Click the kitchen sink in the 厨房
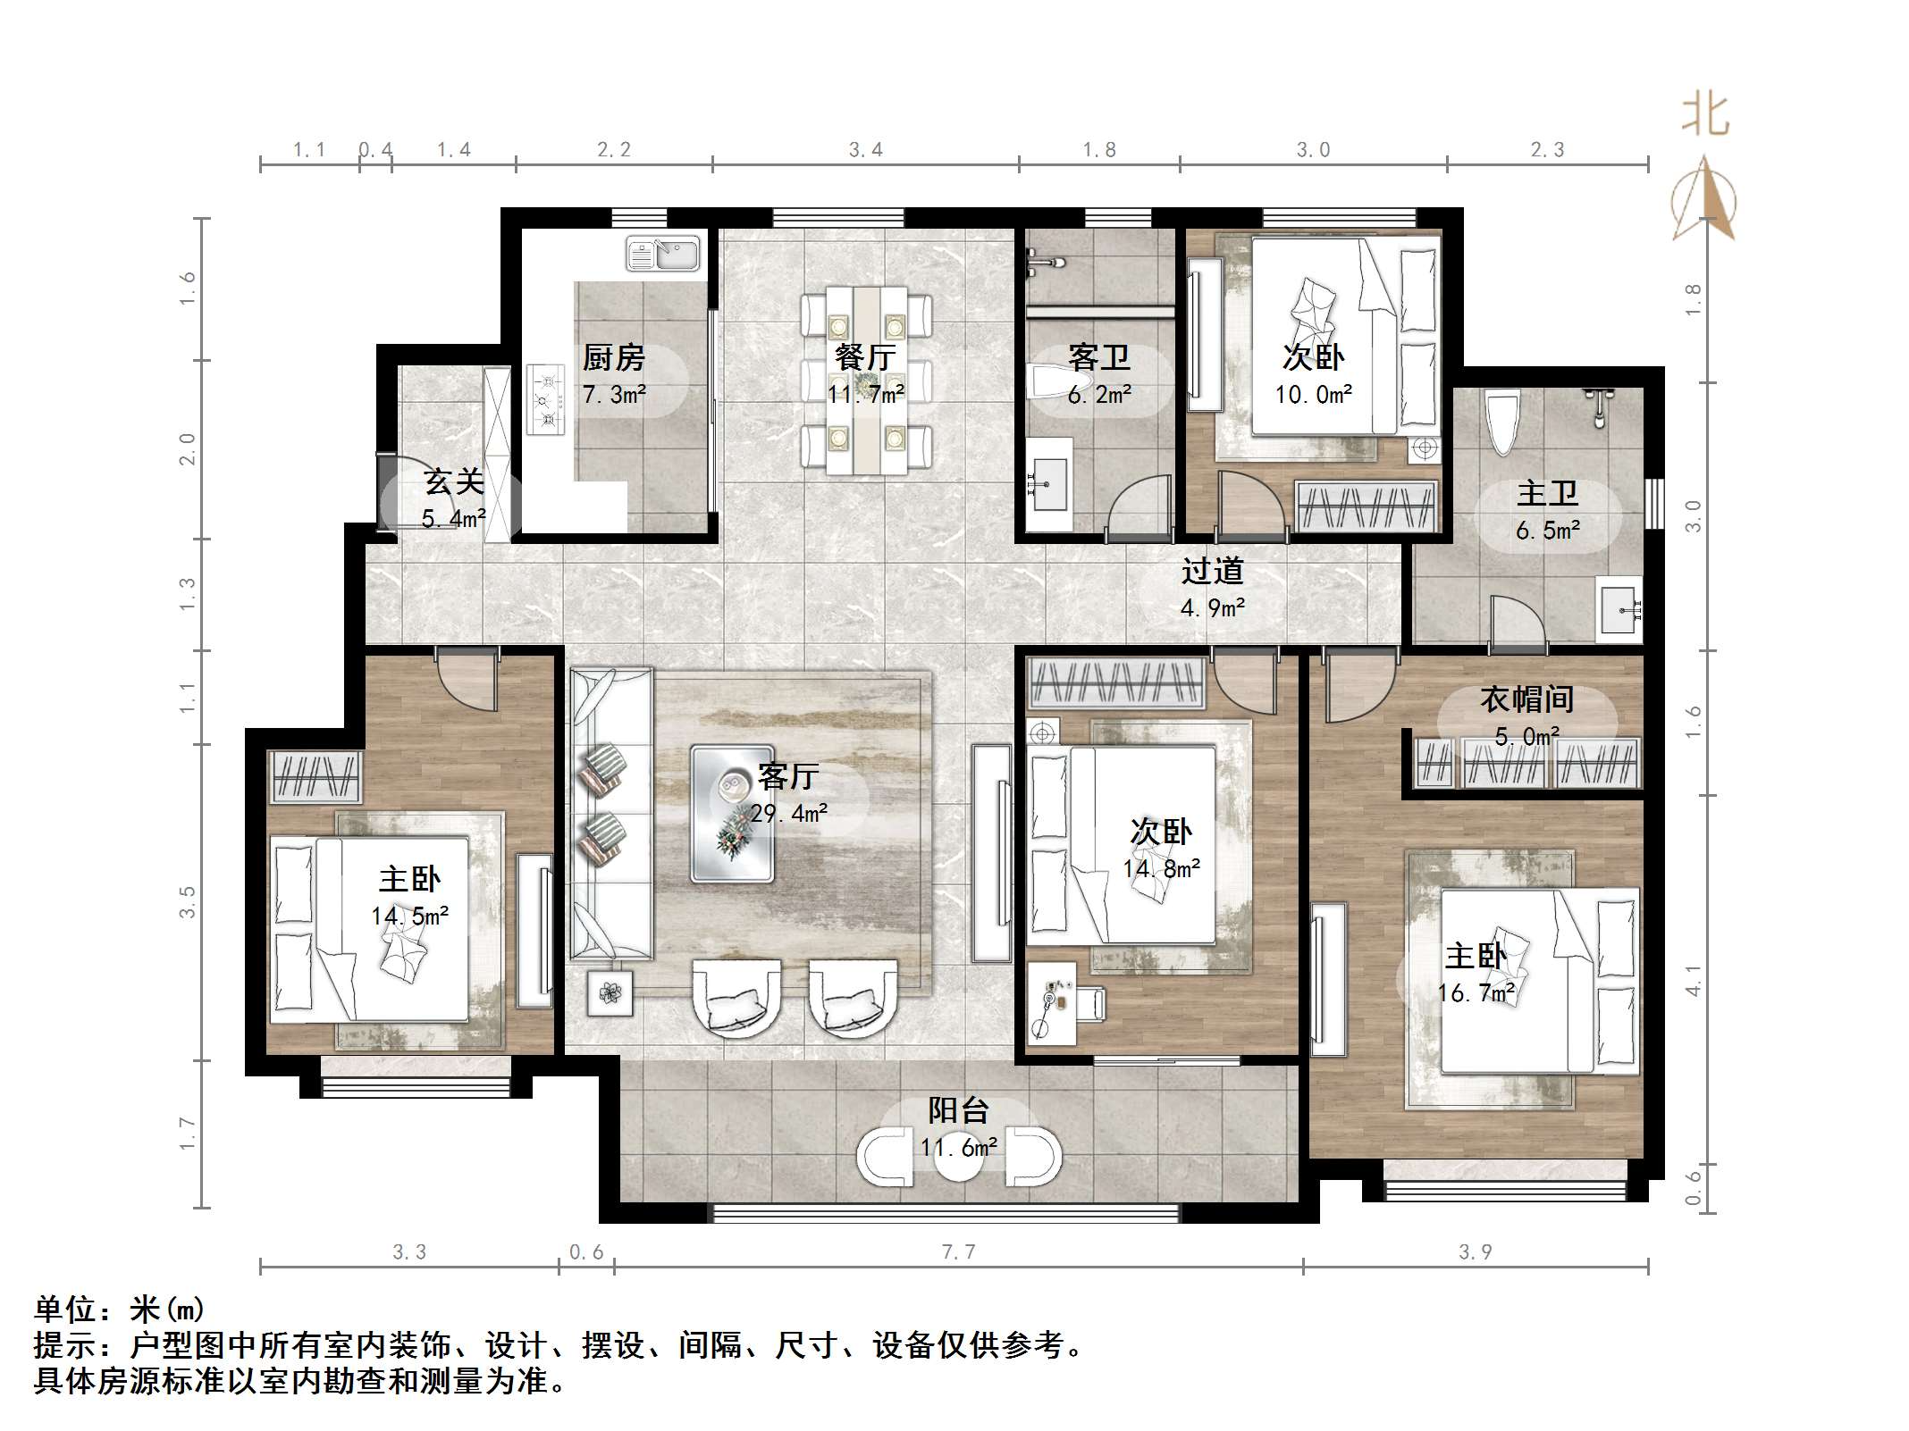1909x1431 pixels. tap(662, 253)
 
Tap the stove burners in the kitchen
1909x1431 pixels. tap(545, 399)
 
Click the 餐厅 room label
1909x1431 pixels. tap(864, 357)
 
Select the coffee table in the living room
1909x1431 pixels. tap(732, 814)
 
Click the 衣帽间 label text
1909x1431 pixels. tap(1526, 699)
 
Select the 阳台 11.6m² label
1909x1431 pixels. tap(958, 1127)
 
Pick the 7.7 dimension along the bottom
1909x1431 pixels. tap(958, 1251)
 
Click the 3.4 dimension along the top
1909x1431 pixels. tap(865, 149)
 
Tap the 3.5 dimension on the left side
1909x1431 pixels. tap(186, 902)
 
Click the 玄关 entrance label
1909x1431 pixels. tap(454, 482)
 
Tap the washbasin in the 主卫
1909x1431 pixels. tap(1619, 610)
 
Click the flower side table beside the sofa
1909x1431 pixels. tap(610, 992)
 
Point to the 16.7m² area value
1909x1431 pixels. tap(1476, 992)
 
